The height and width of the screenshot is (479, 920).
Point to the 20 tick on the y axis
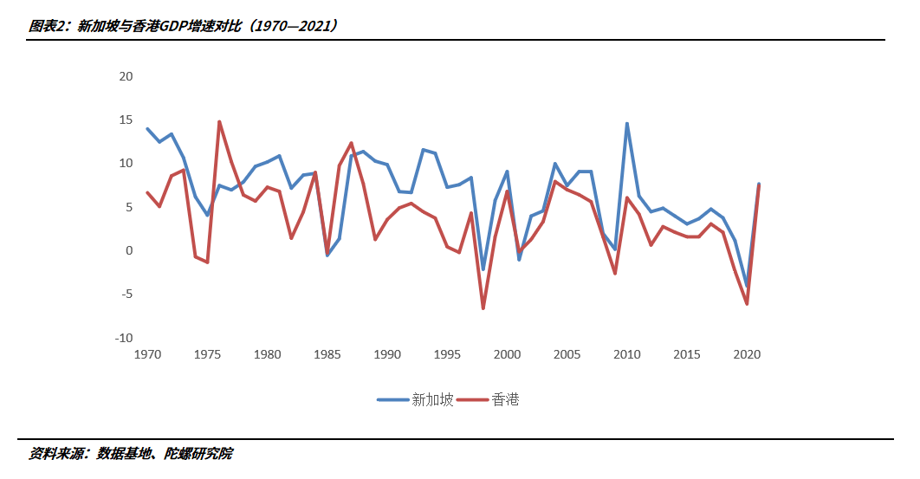coord(126,76)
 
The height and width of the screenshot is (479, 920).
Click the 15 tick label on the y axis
coord(126,120)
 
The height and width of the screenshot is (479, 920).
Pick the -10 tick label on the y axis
coord(124,338)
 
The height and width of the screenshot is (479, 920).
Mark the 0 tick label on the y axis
coord(129,250)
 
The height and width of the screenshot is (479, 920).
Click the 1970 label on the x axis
coord(147,354)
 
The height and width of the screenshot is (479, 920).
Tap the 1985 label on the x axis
coord(327,354)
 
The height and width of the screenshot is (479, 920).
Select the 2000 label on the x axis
coord(507,354)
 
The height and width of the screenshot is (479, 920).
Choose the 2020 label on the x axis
coord(746,354)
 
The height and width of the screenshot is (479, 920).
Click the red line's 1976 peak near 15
coord(219,122)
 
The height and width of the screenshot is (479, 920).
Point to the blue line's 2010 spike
coord(626,124)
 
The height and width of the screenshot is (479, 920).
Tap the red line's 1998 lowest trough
coord(483,308)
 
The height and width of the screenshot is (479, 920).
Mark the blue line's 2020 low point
coord(747,286)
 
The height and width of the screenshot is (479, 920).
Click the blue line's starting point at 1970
coord(147,128)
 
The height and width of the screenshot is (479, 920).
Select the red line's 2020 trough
coord(747,304)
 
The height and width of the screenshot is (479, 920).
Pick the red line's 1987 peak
coord(351,143)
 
